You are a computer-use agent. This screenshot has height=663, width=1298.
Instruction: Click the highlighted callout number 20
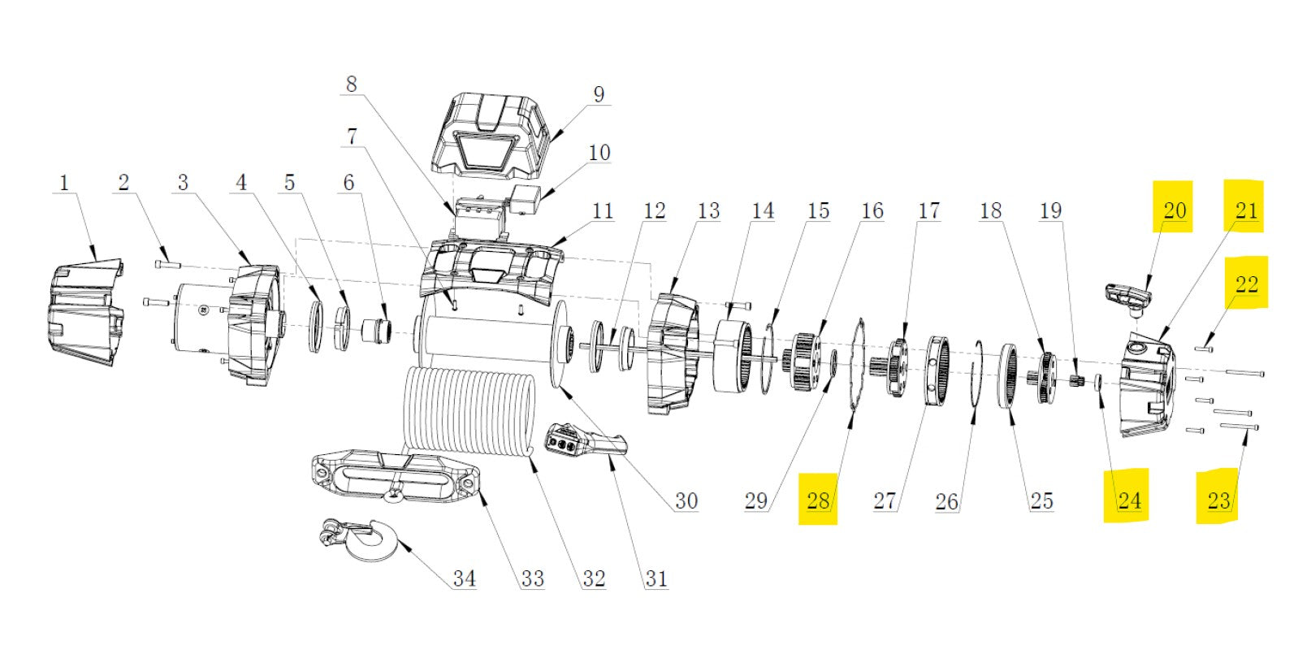(1175, 210)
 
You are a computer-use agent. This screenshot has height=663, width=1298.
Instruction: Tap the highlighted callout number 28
(818, 500)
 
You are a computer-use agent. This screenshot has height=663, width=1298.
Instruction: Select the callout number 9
(599, 94)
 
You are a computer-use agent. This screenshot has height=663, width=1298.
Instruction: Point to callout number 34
(464, 578)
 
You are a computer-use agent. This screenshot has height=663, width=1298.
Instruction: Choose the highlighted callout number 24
(1129, 500)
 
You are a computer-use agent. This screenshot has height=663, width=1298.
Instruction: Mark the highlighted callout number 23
(1218, 500)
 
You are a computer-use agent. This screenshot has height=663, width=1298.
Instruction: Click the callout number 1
(64, 183)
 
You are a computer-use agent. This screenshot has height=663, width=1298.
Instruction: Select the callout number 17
(928, 211)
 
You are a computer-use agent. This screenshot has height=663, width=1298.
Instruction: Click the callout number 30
(686, 500)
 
